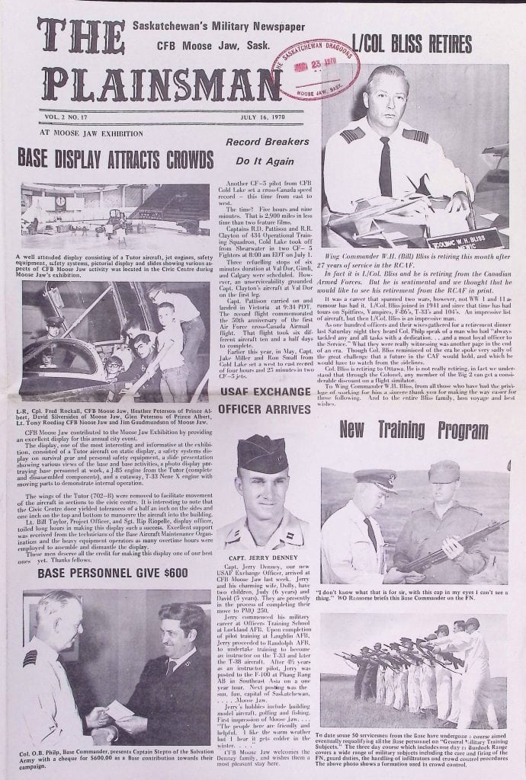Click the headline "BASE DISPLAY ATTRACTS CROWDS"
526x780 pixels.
pos(115,159)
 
